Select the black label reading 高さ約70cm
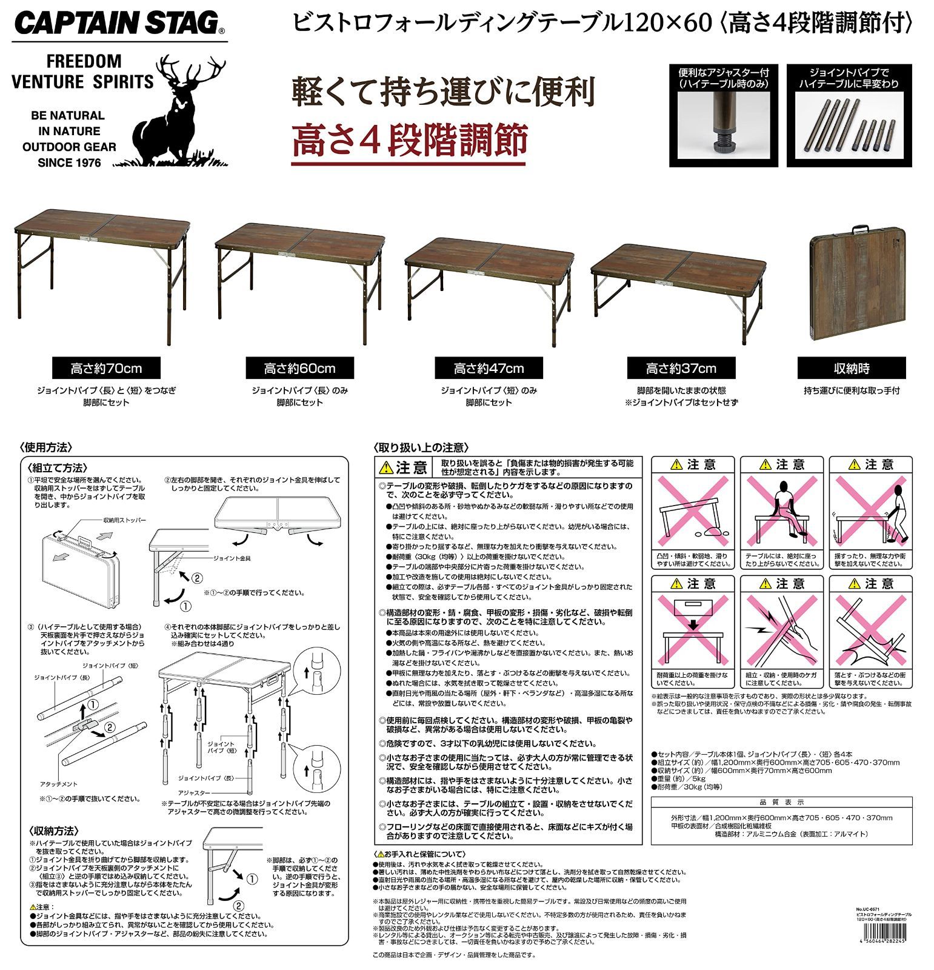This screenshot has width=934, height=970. (x=107, y=368)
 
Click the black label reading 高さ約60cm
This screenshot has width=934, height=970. (x=299, y=368)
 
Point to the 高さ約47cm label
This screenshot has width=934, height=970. (x=489, y=368)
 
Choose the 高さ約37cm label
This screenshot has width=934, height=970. (x=681, y=368)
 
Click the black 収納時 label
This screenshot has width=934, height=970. (x=852, y=368)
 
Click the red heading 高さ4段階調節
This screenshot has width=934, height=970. (x=409, y=141)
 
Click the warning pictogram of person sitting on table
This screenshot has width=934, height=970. (x=782, y=512)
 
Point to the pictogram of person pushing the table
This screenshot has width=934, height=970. (x=870, y=512)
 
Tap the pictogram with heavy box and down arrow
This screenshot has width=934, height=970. (x=693, y=630)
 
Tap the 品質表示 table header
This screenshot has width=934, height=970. (x=781, y=802)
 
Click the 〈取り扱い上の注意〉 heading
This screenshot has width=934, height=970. (x=421, y=447)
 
